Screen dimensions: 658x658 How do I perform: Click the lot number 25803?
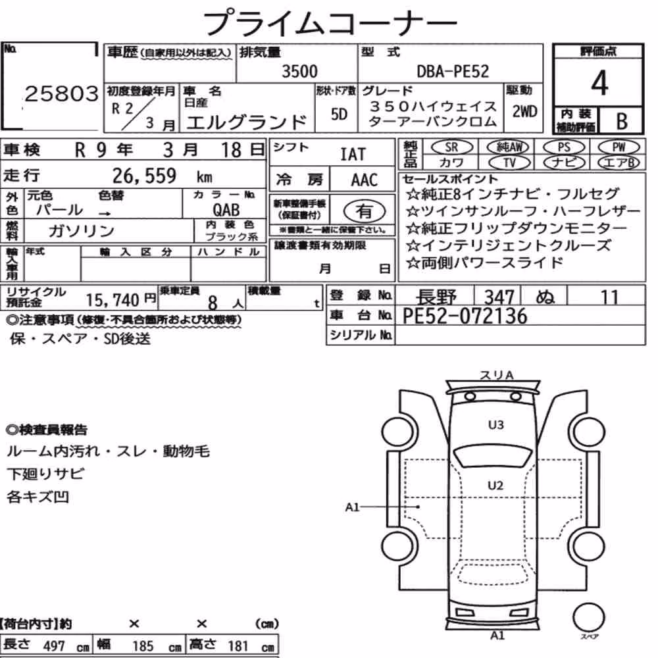click(x=62, y=93)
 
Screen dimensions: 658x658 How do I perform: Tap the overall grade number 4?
click(x=599, y=83)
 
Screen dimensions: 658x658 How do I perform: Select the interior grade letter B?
click(x=622, y=121)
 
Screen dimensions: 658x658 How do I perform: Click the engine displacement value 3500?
click(x=299, y=71)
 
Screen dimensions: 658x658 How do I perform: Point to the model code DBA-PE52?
click(x=453, y=71)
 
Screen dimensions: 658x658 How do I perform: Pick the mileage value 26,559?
click(x=144, y=176)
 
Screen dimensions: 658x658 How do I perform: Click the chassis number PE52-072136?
click(x=465, y=316)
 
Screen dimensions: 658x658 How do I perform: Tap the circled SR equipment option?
click(x=451, y=147)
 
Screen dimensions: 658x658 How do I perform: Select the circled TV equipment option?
click(x=509, y=163)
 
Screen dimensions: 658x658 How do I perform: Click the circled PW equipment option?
click(x=619, y=147)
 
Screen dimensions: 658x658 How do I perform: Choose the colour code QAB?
click(x=226, y=210)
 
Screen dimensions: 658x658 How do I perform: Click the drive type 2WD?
click(x=524, y=112)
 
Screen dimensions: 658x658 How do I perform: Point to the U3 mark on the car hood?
click(x=495, y=425)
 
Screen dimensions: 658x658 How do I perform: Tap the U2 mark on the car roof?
click(x=495, y=486)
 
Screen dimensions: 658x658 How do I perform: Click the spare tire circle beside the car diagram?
click(x=588, y=617)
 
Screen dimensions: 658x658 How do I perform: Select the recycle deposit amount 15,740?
click(x=112, y=300)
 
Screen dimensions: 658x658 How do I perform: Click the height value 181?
click(x=238, y=646)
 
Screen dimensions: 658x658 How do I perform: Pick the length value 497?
click(x=54, y=646)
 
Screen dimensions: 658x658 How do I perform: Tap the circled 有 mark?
click(x=364, y=211)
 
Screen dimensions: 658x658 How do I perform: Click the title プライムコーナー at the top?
click(x=330, y=23)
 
